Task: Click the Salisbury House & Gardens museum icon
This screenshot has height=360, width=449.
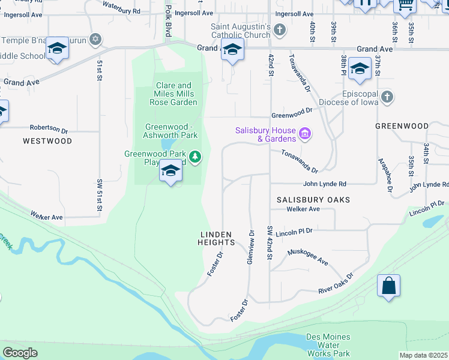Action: click(305, 133)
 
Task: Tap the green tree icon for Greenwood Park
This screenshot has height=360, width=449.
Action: click(194, 157)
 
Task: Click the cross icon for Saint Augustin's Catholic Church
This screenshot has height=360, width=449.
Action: click(279, 29)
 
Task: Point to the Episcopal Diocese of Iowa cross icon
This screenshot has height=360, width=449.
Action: click(388, 97)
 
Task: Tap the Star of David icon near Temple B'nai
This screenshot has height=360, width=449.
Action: click(94, 40)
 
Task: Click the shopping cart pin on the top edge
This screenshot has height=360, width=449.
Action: click(405, 5)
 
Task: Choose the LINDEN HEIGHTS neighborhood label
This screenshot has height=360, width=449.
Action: click(216, 238)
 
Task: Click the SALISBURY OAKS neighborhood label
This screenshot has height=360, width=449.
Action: click(313, 199)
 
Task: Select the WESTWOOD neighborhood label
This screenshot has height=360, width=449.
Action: click(47, 141)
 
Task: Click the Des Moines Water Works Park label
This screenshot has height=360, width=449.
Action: click(328, 345)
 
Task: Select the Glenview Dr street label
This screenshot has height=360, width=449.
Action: click(252, 245)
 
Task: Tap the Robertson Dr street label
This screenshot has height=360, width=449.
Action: click(49, 128)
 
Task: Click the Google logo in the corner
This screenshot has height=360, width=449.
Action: click(20, 353)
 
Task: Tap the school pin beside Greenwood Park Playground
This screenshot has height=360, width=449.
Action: click(171, 173)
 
